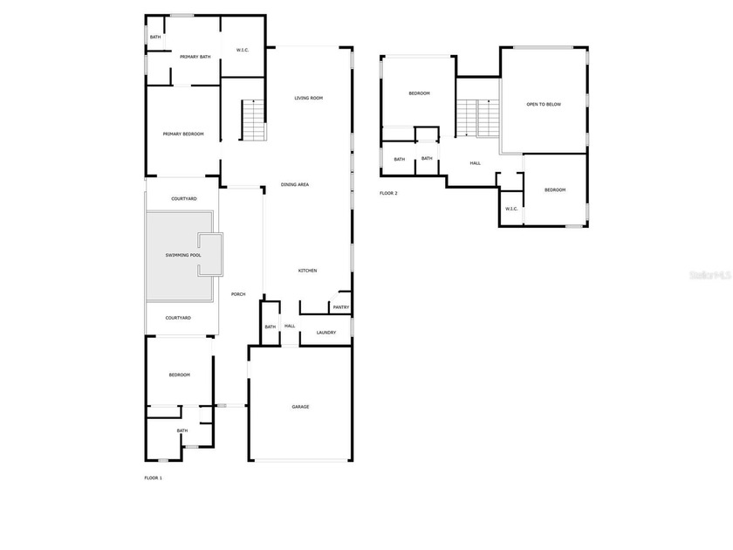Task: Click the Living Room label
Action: coord(309,98)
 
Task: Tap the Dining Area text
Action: coord(295,185)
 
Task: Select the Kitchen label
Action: coord(307,271)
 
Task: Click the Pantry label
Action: coord(341,307)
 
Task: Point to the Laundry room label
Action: coord(325,333)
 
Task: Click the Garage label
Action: coord(300,407)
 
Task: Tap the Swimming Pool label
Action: coord(183,255)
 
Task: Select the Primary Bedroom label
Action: coord(183,134)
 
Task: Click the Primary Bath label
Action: coord(195,57)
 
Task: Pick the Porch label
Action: coord(238,294)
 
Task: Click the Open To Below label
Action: coord(544,104)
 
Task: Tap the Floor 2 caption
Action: coord(388,193)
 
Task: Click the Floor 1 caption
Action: coord(154,478)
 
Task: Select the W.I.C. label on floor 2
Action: coord(511,209)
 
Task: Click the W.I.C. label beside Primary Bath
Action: coord(243,50)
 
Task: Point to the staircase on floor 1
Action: coord(254,120)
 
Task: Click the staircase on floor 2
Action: coord(478,119)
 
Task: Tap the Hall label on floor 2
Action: coord(475,163)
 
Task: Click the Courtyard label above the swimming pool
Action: coord(184,199)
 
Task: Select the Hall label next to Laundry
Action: coord(290,326)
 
